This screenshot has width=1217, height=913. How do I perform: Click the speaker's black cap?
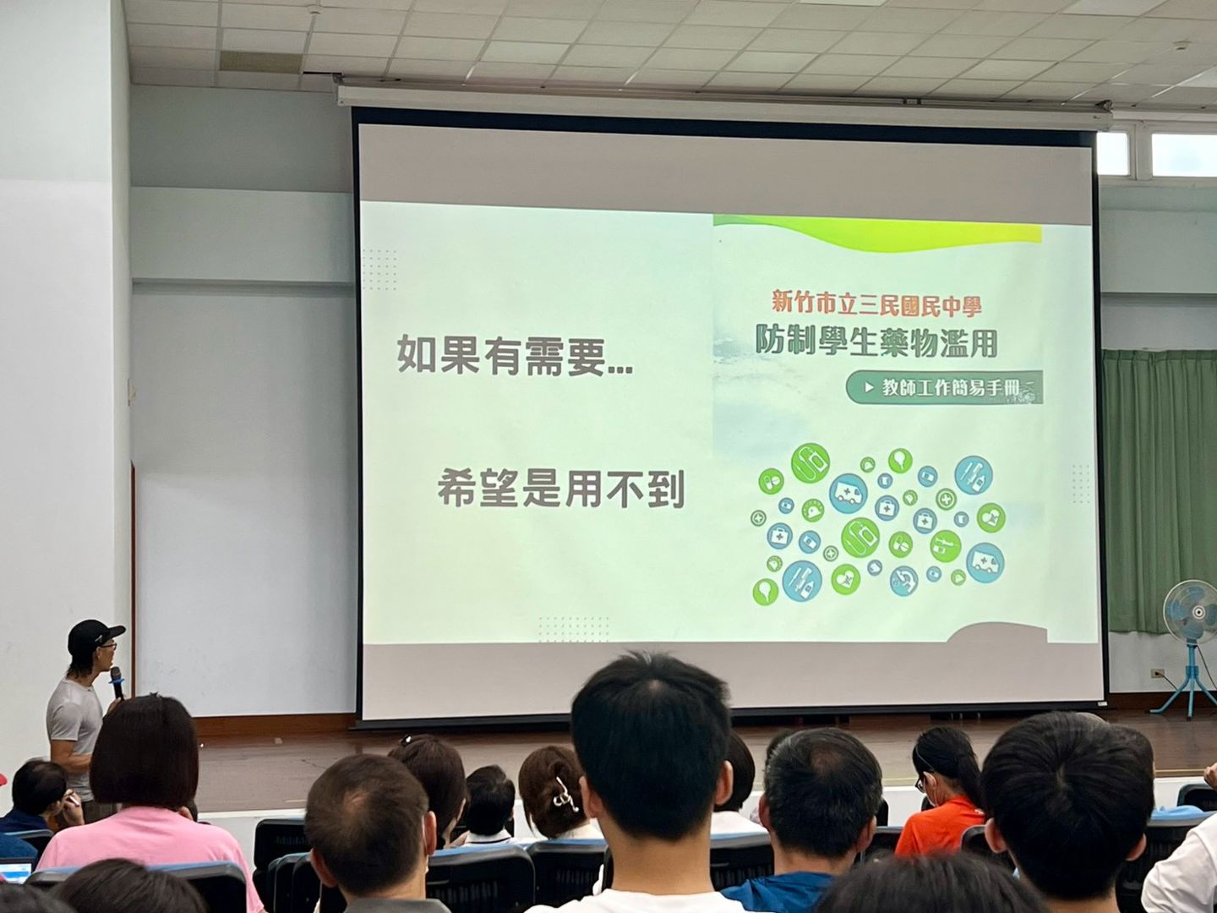click(x=95, y=635)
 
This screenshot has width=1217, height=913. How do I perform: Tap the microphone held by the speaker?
click(x=117, y=683)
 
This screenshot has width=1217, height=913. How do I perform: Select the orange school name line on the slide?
click(x=876, y=306)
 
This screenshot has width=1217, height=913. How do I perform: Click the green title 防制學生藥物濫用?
click(x=876, y=342)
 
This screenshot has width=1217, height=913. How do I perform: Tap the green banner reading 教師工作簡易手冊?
click(x=944, y=387)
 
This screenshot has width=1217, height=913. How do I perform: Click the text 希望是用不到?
click(x=561, y=489)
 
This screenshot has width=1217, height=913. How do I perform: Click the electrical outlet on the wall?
click(x=1157, y=674)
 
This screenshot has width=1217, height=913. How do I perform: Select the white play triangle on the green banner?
click(x=869, y=388)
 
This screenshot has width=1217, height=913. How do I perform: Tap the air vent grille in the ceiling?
click(x=260, y=62)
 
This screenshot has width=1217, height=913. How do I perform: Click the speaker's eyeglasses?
click(x=109, y=645)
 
